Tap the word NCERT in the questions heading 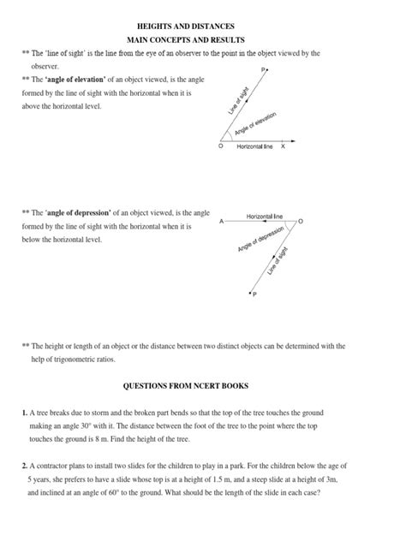[x=221, y=386]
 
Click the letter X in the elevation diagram [x=283, y=146]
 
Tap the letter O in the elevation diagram [x=220, y=147]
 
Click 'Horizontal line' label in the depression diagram [x=265, y=216]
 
